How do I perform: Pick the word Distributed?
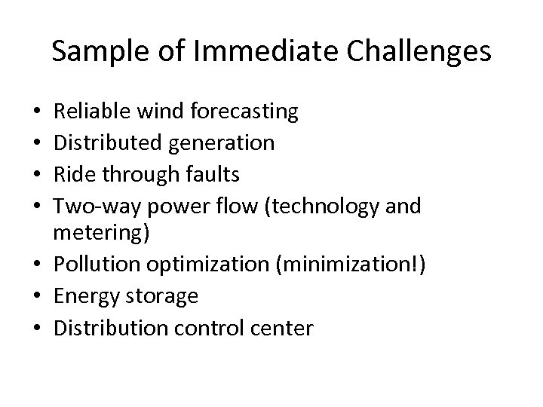pos(102,143)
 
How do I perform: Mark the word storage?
pos(166,297)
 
